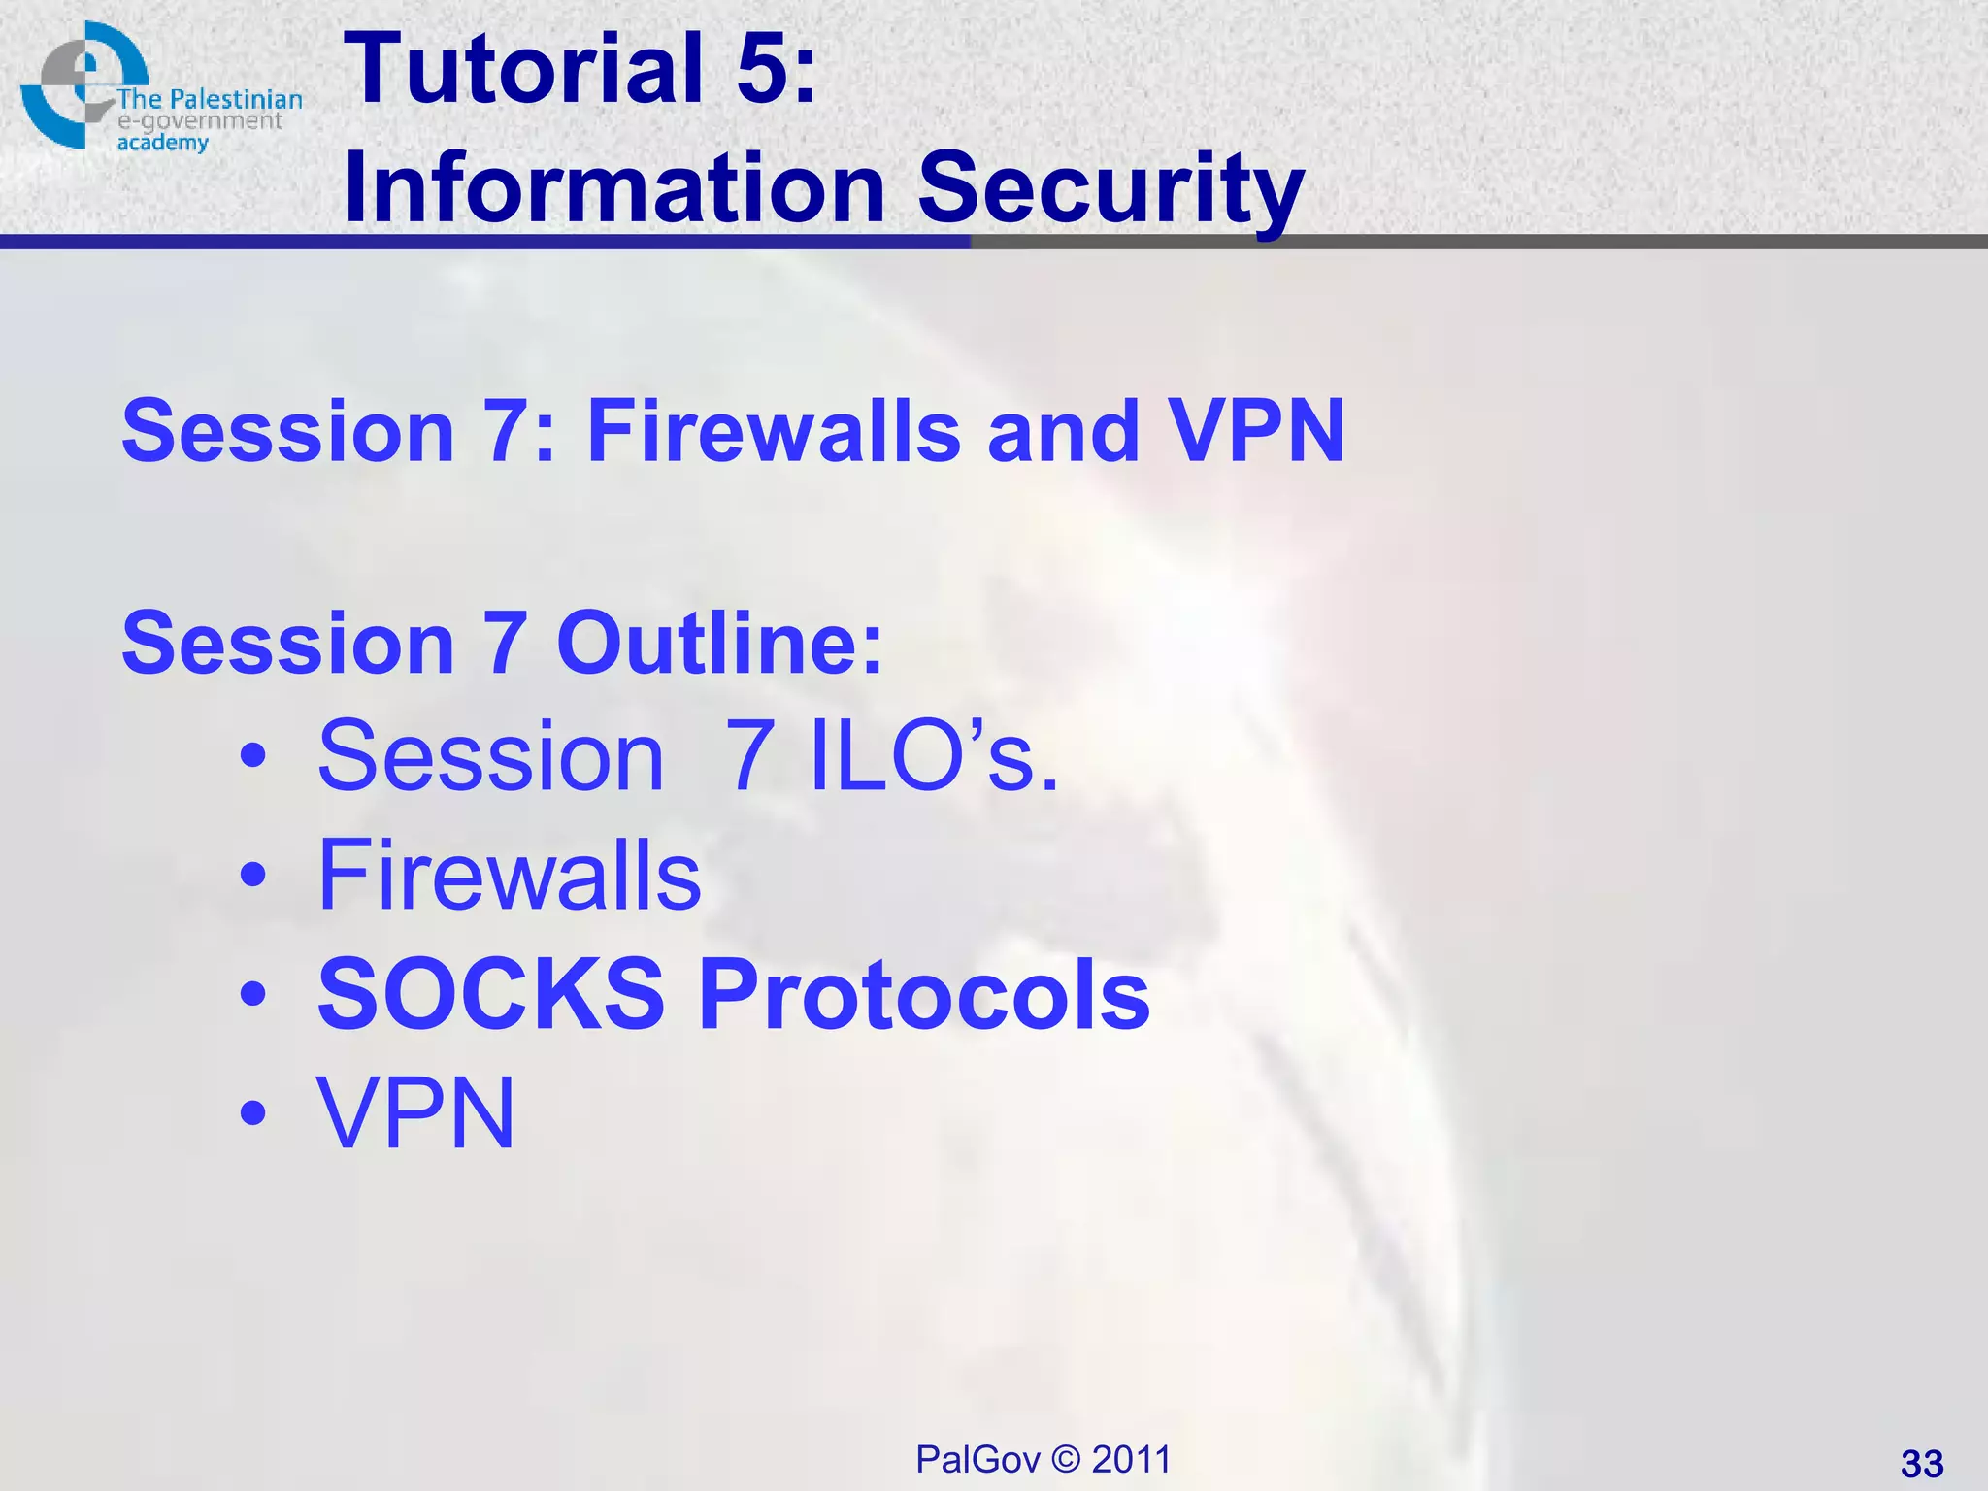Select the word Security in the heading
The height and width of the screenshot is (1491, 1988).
pyautogui.click(x=1110, y=189)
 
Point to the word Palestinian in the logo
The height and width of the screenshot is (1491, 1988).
pyautogui.click(x=236, y=99)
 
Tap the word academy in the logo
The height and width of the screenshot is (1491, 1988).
pyautogui.click(x=162, y=143)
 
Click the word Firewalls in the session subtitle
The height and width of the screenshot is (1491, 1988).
pyautogui.click(x=774, y=431)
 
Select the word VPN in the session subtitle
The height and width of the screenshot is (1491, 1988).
pyautogui.click(x=1256, y=431)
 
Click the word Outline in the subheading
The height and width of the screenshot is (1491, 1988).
pyautogui.click(x=718, y=643)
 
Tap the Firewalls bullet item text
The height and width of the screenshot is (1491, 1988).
pyautogui.click(x=509, y=876)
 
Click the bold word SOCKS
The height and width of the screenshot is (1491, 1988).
pyautogui.click(x=491, y=994)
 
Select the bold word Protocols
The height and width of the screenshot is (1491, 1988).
pyautogui.click(x=924, y=994)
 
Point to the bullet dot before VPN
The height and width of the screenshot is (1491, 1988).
pyautogui.click(x=253, y=1113)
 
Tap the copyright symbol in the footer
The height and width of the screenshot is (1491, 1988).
pyautogui.click(x=1066, y=1459)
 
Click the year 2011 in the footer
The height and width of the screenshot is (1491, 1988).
pyautogui.click(x=1131, y=1459)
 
